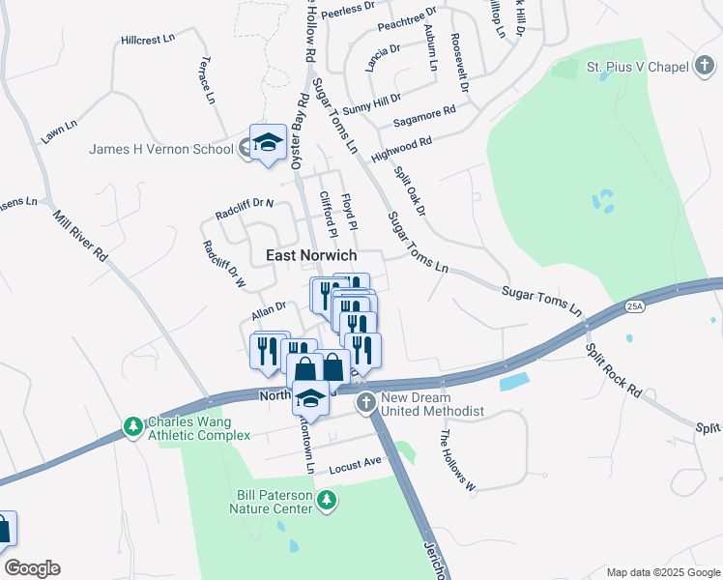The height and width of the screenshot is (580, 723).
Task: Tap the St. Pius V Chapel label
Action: point(637,67)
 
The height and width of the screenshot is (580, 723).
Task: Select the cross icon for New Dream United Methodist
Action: point(365,403)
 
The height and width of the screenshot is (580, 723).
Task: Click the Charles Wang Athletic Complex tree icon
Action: point(133,426)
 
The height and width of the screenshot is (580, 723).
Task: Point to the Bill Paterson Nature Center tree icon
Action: point(328,499)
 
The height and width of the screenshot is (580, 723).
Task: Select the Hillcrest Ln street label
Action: point(149,40)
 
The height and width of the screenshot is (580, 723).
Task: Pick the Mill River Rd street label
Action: point(80,238)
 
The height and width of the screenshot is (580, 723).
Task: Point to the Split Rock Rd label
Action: point(614,367)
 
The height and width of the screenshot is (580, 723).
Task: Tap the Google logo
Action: point(32,568)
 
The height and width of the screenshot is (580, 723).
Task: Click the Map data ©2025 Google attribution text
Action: point(662,572)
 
